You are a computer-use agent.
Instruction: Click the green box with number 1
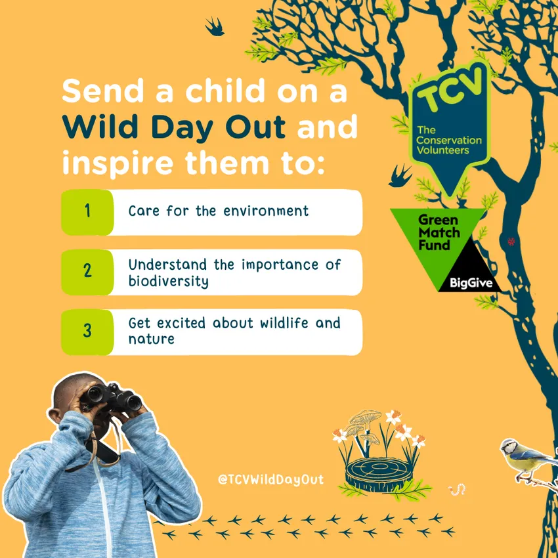click(87, 212)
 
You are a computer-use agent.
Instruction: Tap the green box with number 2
click(87, 272)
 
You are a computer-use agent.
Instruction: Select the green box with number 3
click(87, 332)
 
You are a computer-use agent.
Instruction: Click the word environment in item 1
click(266, 211)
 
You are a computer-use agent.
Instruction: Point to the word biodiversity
click(168, 281)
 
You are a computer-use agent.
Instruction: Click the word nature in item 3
click(151, 339)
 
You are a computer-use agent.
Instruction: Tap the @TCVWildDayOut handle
click(271, 479)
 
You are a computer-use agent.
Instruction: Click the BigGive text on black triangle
click(471, 283)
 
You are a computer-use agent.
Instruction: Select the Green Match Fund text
click(439, 232)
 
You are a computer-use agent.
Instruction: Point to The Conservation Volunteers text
click(448, 140)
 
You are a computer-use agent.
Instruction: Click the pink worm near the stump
click(457, 489)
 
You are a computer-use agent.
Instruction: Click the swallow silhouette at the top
click(215, 27)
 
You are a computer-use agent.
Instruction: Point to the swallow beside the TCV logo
click(400, 176)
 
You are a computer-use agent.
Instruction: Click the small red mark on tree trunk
click(511, 242)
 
